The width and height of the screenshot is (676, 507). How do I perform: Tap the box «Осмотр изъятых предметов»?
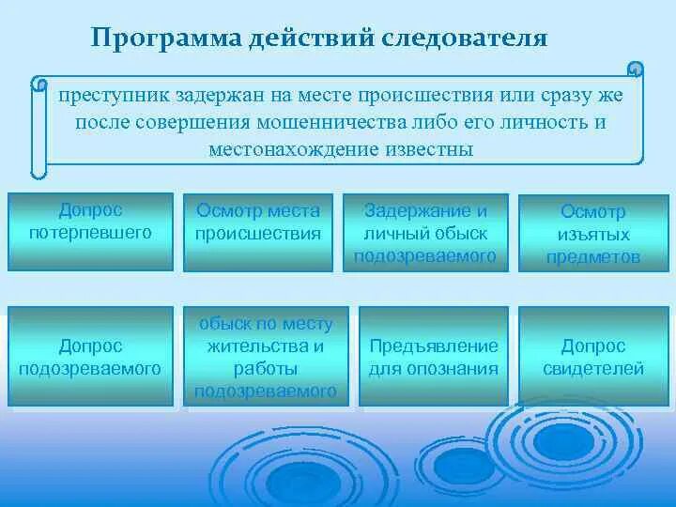point(592,233)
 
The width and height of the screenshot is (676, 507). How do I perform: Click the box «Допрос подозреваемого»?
point(90,357)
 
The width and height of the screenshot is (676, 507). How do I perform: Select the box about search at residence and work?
point(267,357)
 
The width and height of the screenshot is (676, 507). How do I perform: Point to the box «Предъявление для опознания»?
point(433,357)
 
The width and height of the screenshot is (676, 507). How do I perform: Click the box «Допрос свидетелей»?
point(592,357)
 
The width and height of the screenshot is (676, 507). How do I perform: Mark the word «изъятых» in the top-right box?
point(592,235)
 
